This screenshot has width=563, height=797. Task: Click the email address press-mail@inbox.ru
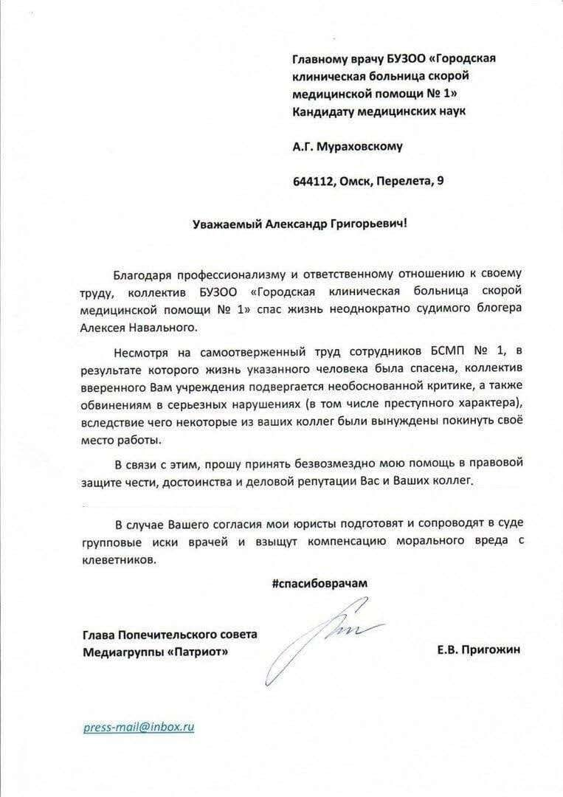[139, 727]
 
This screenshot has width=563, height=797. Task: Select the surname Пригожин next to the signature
[490, 649]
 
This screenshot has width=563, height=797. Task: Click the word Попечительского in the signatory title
[173, 635]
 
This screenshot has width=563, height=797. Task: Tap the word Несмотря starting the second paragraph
[139, 350]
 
